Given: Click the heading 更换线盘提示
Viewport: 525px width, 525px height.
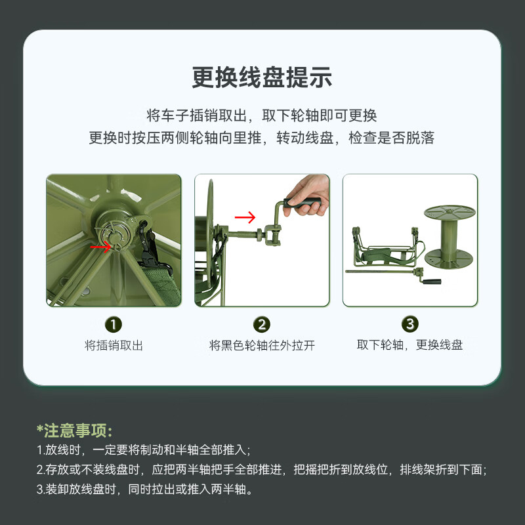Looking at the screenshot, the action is click(262, 77).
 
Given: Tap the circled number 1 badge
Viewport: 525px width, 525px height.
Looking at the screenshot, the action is click(113, 324).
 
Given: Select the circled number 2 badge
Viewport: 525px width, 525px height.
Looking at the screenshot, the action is click(262, 324).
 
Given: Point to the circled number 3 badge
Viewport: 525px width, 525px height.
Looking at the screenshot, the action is click(410, 324).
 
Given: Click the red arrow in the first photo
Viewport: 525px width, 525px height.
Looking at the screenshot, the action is click(100, 247).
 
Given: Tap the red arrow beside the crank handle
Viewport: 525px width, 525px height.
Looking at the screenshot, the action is click(245, 217).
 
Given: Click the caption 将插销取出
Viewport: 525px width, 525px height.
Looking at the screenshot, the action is click(114, 345).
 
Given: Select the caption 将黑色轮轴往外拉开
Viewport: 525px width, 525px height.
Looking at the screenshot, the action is click(262, 345).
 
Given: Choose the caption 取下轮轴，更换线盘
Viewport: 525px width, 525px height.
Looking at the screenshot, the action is click(410, 345).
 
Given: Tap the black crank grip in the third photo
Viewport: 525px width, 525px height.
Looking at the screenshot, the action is click(432, 282).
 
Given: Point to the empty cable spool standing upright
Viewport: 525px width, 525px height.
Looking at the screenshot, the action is click(450, 236).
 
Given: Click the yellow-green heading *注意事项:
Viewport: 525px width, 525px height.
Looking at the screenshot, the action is click(74, 430).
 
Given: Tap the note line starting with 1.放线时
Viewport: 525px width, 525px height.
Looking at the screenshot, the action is click(143, 450).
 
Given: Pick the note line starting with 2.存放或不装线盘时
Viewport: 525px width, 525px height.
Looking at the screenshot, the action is click(261, 469).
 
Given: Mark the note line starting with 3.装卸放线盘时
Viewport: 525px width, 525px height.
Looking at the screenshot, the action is click(144, 489).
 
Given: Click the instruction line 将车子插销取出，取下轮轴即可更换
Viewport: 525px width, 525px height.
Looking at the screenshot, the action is click(262, 115).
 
